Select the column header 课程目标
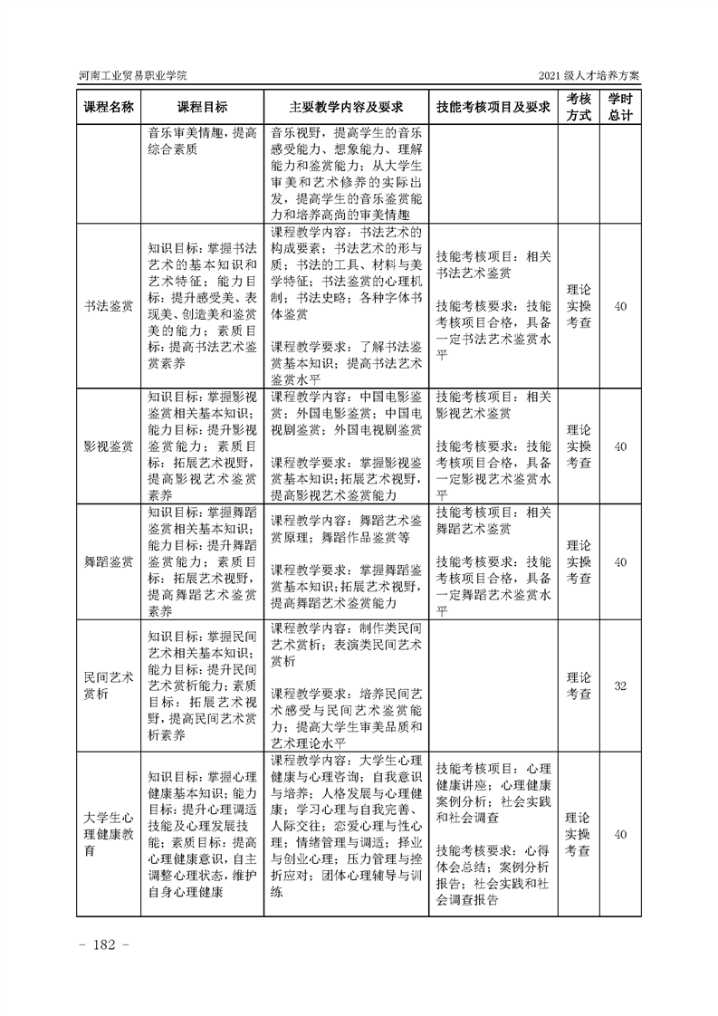tap(202, 106)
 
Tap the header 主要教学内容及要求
tap(345, 106)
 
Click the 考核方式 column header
tap(579, 106)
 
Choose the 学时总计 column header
tap(620, 106)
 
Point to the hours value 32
tap(620, 685)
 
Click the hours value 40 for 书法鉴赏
tap(620, 308)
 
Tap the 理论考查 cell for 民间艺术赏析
tap(579, 685)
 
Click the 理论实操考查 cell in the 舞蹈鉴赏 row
tap(579, 562)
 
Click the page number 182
tap(107, 945)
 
